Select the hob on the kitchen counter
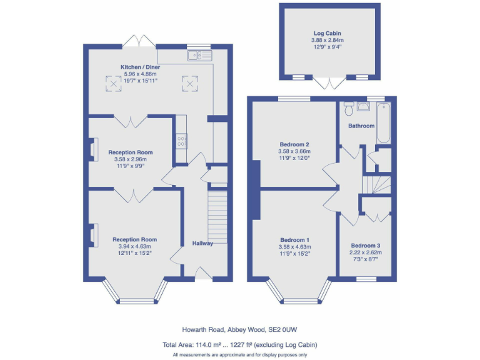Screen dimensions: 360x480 pyautogui.click(x=181, y=141)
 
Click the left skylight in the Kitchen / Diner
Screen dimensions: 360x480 pyautogui.click(x=113, y=82)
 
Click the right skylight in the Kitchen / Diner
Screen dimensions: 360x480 pyautogui.click(x=188, y=82)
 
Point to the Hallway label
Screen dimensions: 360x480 pyautogui.click(x=202, y=243)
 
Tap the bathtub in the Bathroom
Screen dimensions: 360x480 pyautogui.click(x=384, y=124)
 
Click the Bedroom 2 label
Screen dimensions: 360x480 pyautogui.click(x=294, y=144)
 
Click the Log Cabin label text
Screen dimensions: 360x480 pyautogui.click(x=327, y=33)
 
